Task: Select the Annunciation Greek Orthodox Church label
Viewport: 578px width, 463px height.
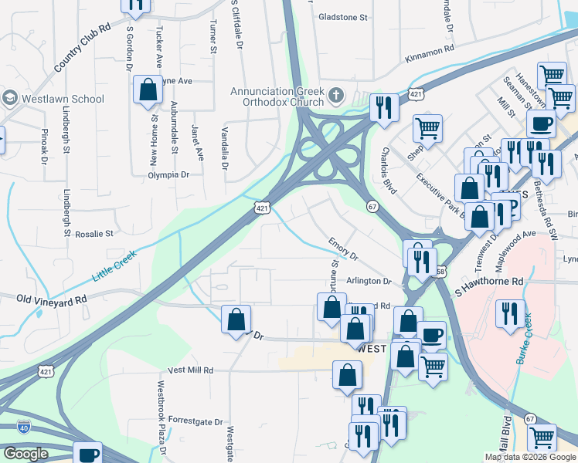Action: [x=277, y=97]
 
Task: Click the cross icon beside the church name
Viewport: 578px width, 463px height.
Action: [x=335, y=96]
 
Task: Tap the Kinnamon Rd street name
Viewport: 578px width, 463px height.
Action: [x=430, y=58]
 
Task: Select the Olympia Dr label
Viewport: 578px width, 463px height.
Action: [x=169, y=175]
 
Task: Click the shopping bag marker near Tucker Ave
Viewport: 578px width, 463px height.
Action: [x=147, y=90]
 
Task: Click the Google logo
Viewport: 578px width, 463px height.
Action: [x=25, y=454]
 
